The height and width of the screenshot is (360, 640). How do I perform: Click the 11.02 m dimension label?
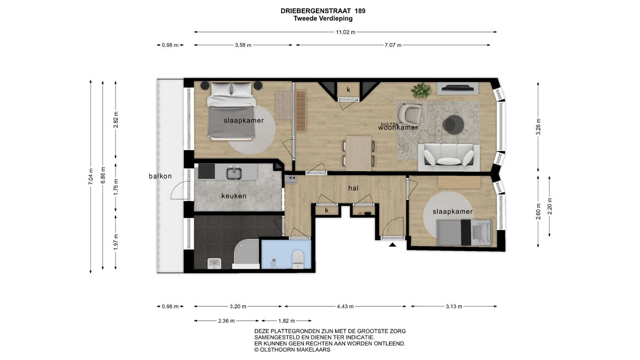[345, 32]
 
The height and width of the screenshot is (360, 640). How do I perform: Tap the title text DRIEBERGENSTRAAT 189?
[323, 11]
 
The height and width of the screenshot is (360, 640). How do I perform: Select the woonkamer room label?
[398, 128]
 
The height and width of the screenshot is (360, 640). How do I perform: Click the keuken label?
[234, 196]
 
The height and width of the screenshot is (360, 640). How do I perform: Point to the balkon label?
[160, 176]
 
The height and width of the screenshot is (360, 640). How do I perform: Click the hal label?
[353, 188]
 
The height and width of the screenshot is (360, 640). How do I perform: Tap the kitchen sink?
[233, 172]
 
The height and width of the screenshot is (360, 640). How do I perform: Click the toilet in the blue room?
[297, 259]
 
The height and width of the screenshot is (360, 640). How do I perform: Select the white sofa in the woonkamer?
[448, 157]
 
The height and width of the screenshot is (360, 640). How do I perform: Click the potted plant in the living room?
[421, 90]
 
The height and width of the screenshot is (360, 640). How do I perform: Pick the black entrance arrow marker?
[392, 244]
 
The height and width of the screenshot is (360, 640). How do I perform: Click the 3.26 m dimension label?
[538, 127]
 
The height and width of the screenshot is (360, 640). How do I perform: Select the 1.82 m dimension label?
[286, 320]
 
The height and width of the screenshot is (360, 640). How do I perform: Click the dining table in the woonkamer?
[359, 153]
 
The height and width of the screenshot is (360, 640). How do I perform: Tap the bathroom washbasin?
[214, 264]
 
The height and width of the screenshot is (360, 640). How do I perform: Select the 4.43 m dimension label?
[345, 306]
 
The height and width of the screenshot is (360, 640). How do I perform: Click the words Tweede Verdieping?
[323, 19]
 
